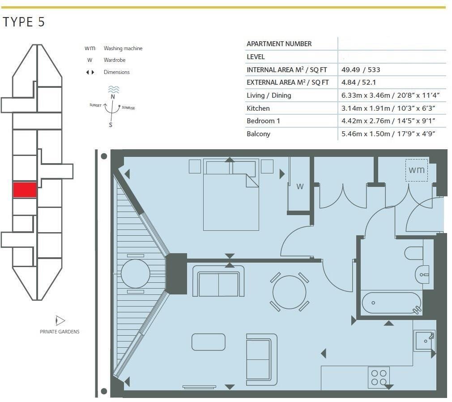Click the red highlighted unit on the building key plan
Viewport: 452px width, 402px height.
click(x=25, y=190)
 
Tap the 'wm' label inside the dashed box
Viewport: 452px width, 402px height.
click(x=417, y=170)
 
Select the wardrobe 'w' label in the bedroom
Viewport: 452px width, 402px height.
click(x=300, y=186)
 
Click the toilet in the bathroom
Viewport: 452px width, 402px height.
click(x=414, y=253)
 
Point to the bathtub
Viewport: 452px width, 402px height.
click(x=391, y=303)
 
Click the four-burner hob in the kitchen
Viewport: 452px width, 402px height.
click(x=379, y=377)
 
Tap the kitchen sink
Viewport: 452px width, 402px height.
click(x=424, y=341)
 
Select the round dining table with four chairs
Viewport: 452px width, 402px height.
click(x=290, y=292)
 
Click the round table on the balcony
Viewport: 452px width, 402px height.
click(x=136, y=273)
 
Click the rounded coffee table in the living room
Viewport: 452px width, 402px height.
click(x=209, y=342)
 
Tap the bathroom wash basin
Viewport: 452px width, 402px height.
click(x=422, y=274)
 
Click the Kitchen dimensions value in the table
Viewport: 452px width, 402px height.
click(x=388, y=108)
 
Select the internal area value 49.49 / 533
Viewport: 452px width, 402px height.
click(x=361, y=69)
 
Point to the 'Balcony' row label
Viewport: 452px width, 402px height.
click(x=258, y=134)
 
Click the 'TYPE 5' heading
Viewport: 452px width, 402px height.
click(x=24, y=22)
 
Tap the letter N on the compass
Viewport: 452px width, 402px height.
click(x=113, y=97)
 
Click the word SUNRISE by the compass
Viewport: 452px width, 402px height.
click(x=128, y=108)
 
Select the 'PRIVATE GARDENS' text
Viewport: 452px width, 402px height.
click(x=60, y=332)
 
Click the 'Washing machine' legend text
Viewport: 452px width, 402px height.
click(x=123, y=48)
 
